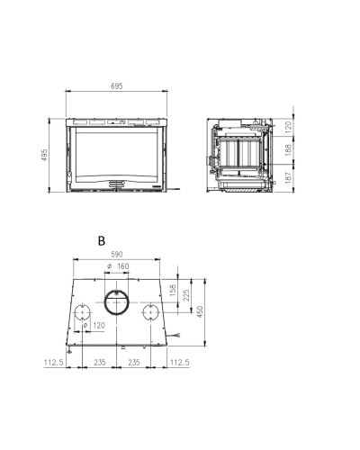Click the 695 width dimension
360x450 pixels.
pos(117,86)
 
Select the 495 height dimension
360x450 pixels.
pos(44,155)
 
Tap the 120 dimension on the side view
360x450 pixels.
pos(288,127)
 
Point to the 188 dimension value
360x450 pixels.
pos(288,150)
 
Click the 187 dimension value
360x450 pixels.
pos(288,177)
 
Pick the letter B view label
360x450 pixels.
pos(102,241)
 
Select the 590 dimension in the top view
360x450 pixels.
pos(117,255)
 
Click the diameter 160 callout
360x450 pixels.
pos(118,266)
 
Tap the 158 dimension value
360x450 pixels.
pos(173,290)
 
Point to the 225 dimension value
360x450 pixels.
pos(186,295)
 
